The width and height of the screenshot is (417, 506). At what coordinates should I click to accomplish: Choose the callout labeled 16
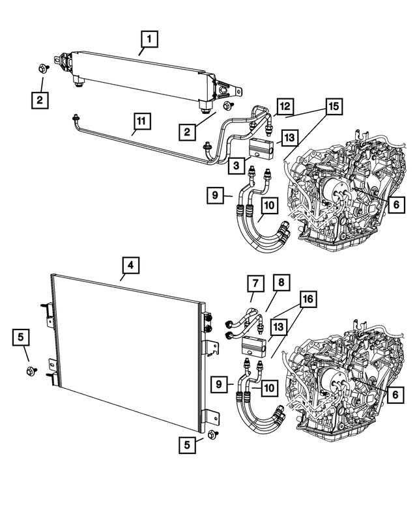point(308,299)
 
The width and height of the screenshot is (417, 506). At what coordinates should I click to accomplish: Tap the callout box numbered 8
point(280,283)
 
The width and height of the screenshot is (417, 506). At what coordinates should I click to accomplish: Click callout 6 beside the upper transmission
point(396,204)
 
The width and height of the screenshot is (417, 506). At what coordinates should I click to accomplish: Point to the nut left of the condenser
point(31,371)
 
